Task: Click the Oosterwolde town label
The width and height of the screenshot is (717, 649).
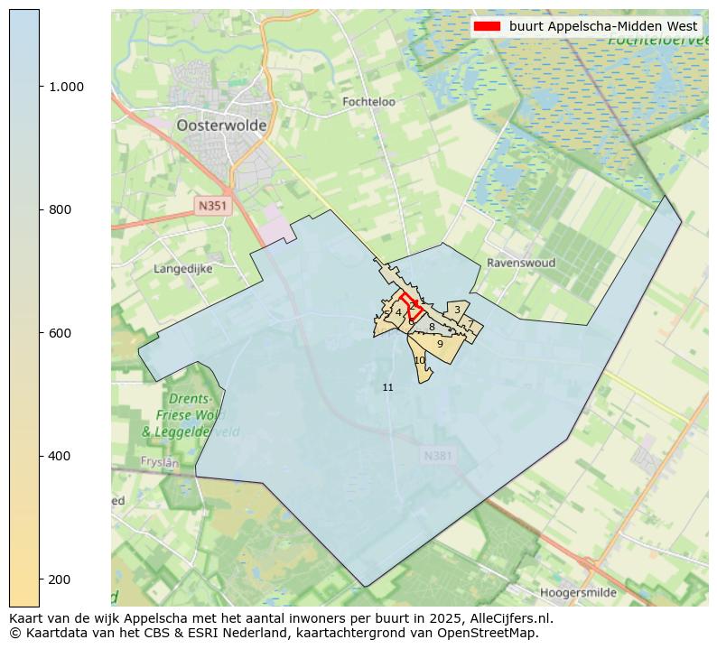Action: (221, 125)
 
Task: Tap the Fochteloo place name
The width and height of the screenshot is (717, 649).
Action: (368, 102)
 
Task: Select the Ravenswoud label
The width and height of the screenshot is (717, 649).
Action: (521, 263)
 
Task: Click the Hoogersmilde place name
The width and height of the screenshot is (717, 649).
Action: (579, 593)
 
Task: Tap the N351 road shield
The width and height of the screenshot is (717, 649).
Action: (213, 206)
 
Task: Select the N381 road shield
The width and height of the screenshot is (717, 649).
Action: (437, 456)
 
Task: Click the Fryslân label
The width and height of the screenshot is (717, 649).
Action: (160, 461)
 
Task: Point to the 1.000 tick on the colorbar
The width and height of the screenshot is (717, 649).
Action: (66, 87)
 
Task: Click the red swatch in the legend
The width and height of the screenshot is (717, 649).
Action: (487, 26)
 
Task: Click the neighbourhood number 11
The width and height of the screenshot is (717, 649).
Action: (387, 387)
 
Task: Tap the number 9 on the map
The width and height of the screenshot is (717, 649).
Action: (440, 344)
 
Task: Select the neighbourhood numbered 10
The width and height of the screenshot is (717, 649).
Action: (419, 360)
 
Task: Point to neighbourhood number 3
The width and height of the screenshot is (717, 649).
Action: (457, 310)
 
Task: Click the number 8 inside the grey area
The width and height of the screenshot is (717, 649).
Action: (432, 327)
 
